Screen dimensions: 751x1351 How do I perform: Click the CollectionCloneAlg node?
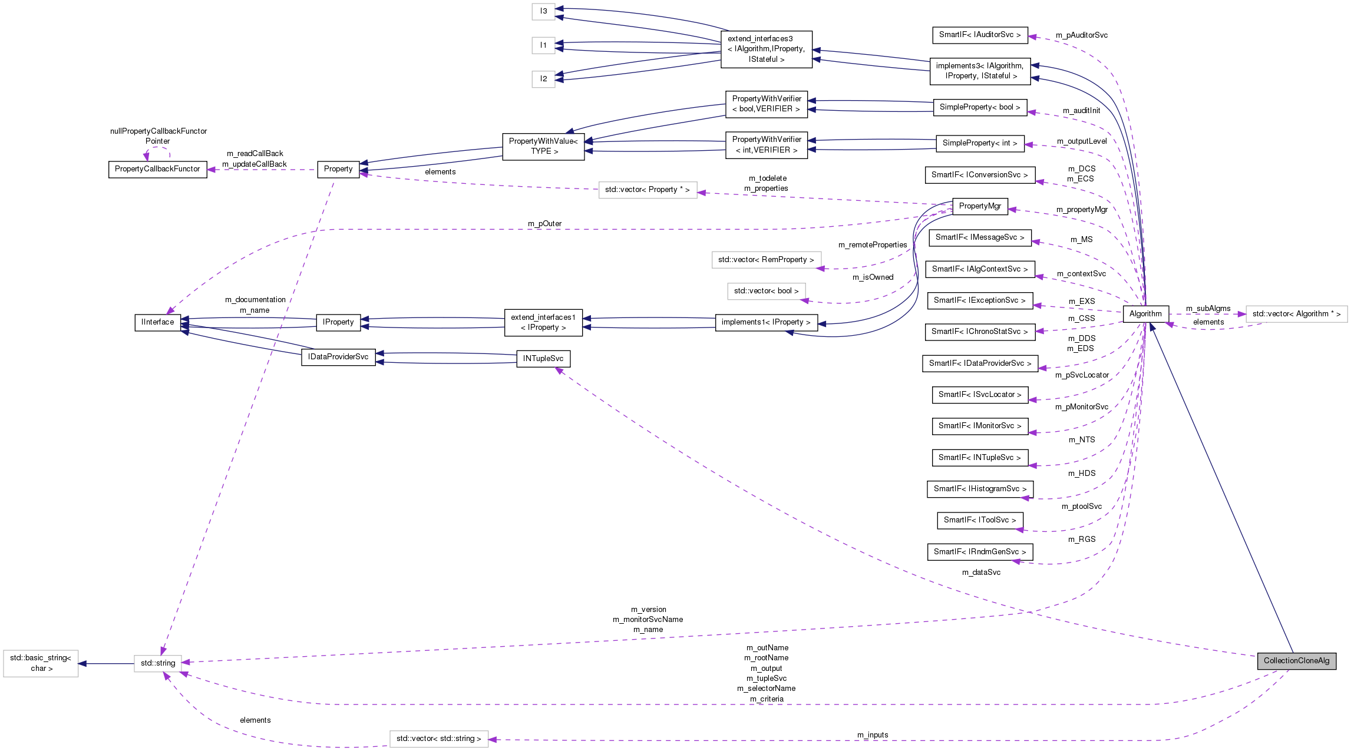tap(1296, 660)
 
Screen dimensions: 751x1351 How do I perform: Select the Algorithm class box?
tap(1145, 314)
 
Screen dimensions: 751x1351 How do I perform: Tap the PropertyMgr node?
tap(979, 206)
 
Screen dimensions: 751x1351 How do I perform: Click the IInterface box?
tap(157, 322)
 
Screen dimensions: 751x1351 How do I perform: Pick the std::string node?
tap(157, 663)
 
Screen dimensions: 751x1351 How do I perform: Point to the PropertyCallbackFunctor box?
tap(157, 169)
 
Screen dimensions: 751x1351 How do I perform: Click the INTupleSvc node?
tap(543, 359)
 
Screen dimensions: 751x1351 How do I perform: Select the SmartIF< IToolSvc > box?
tap(979, 520)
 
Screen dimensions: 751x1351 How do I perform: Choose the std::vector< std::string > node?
tap(438, 739)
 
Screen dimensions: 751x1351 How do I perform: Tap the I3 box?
tap(543, 11)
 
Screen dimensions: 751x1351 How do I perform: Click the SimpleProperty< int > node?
tap(979, 143)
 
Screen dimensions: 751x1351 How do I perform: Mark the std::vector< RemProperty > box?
tap(766, 260)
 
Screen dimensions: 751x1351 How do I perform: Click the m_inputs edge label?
tap(872, 735)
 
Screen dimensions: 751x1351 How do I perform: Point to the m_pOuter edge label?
tap(544, 224)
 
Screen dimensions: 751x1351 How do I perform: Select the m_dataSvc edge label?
tap(981, 573)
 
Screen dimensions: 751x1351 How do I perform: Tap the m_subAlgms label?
tap(1208, 309)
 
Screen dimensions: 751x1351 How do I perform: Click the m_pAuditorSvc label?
tap(1081, 35)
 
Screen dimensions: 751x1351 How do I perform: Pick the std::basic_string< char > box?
tap(41, 663)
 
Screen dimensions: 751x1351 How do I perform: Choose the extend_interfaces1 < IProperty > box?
tap(543, 322)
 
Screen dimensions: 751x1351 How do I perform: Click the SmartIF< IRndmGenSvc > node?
tap(979, 552)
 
